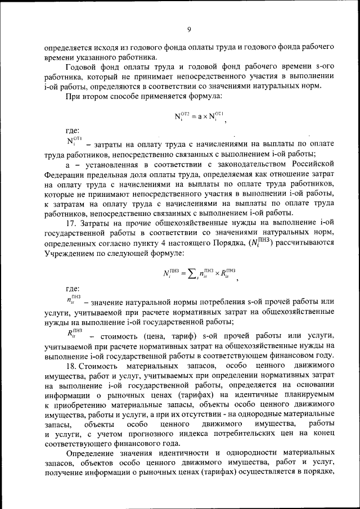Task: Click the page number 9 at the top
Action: click(189, 29)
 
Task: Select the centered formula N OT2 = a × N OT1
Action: click(200, 118)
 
